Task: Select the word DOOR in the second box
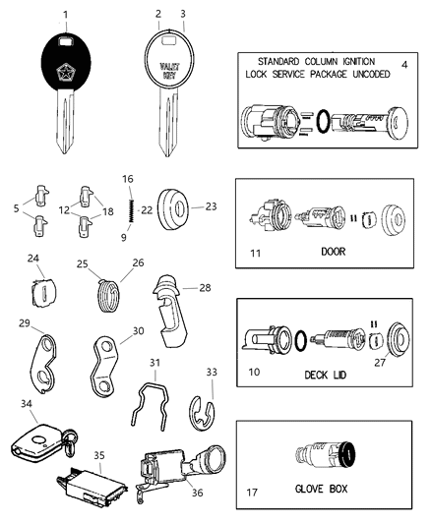click(332, 251)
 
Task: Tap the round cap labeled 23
click(178, 208)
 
